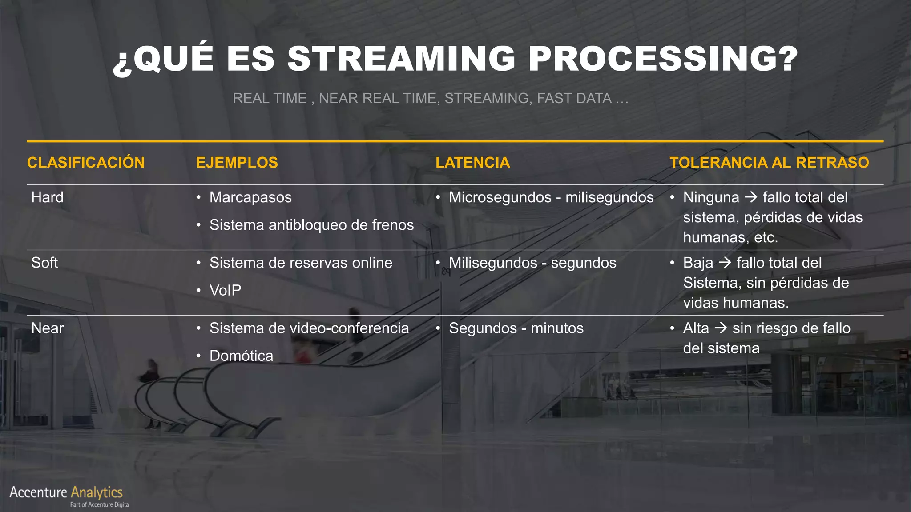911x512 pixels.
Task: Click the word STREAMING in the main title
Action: click(401, 59)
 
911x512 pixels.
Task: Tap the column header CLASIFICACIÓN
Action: click(86, 163)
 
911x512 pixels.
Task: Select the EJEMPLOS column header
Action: click(237, 163)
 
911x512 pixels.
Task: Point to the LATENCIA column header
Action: click(472, 163)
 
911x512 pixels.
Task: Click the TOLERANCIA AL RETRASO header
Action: click(769, 163)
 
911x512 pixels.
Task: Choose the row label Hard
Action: click(47, 197)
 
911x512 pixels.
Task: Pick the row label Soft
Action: click(44, 263)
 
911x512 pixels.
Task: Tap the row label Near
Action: click(48, 328)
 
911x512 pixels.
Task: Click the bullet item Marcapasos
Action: click(250, 197)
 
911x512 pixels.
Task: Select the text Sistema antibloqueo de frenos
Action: click(311, 225)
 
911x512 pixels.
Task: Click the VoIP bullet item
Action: click(225, 290)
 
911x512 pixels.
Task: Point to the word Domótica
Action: click(241, 356)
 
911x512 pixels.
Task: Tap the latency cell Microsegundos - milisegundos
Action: click(551, 197)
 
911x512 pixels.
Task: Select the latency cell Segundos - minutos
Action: click(516, 328)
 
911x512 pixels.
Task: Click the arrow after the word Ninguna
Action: click(751, 197)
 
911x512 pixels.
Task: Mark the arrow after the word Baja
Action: click(725, 262)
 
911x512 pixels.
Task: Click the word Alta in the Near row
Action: click(696, 328)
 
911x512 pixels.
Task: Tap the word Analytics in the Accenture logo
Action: click(97, 492)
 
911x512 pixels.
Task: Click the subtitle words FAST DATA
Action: click(574, 98)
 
